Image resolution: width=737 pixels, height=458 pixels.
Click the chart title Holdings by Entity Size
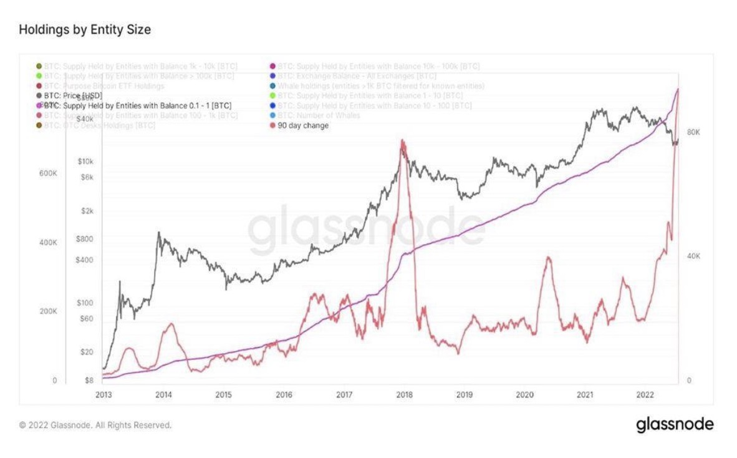click(x=85, y=29)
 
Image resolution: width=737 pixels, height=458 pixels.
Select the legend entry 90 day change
click(x=303, y=125)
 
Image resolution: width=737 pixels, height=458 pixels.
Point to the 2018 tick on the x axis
click(x=404, y=394)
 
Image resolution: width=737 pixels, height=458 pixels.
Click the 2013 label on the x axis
click(x=104, y=394)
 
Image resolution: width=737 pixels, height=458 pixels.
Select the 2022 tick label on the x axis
click(x=645, y=394)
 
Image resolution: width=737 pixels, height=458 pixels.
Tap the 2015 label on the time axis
click(x=223, y=394)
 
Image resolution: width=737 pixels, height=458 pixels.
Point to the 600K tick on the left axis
click(x=49, y=173)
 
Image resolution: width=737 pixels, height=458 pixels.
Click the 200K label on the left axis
click(x=49, y=311)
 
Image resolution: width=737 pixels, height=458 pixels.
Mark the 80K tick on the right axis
click(x=693, y=132)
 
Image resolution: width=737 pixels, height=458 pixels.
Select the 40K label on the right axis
click(x=693, y=256)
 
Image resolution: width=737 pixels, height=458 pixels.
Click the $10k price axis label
click(x=85, y=162)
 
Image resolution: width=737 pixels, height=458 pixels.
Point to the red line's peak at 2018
click(x=403, y=141)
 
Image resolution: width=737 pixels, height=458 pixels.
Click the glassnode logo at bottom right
click(x=675, y=425)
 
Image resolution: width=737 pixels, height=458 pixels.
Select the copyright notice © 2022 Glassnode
click(x=95, y=425)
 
